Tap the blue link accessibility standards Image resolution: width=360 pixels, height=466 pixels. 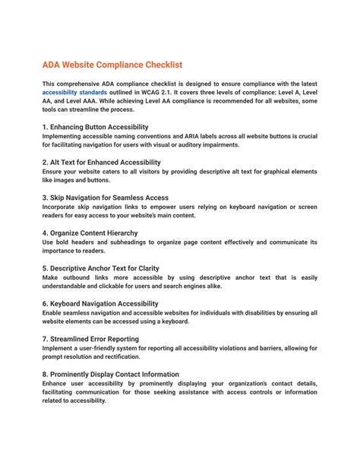coord(76,94)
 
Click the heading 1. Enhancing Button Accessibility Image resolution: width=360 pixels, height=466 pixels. coord(95,126)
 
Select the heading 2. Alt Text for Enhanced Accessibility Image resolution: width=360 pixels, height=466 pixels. coord(101,162)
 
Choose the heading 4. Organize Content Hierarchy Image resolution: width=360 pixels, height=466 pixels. coord(90,233)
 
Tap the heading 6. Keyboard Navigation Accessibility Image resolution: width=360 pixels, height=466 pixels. coord(100,303)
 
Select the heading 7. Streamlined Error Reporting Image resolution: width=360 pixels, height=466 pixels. coord(90,339)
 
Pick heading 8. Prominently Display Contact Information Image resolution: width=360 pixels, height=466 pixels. coord(111,374)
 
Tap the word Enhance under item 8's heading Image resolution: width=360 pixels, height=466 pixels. coord(56,384)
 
